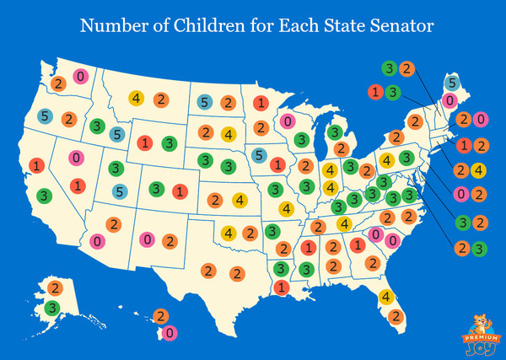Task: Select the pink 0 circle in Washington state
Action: pyautogui.click(x=80, y=77)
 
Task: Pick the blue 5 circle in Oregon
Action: pyautogui.click(x=45, y=116)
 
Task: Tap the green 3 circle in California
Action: pyautogui.click(x=44, y=195)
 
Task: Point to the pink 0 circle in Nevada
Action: pyautogui.click(x=76, y=157)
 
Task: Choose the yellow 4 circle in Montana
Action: pyautogui.click(x=136, y=99)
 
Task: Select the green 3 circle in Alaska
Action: pyautogui.click(x=52, y=307)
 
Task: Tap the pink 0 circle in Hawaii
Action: pyautogui.click(x=169, y=333)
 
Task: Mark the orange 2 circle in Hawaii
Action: pyautogui.click(x=160, y=316)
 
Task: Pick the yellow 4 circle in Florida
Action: pyautogui.click(x=385, y=296)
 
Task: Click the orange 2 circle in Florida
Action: pyautogui.click(x=394, y=317)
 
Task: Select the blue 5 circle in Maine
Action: pyautogui.click(x=452, y=83)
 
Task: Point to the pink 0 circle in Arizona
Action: pyautogui.click(x=98, y=241)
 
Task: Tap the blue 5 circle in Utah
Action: pyautogui.click(x=120, y=191)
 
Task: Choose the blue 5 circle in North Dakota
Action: pyautogui.click(x=203, y=103)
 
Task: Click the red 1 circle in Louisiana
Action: pyautogui.click(x=280, y=287)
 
